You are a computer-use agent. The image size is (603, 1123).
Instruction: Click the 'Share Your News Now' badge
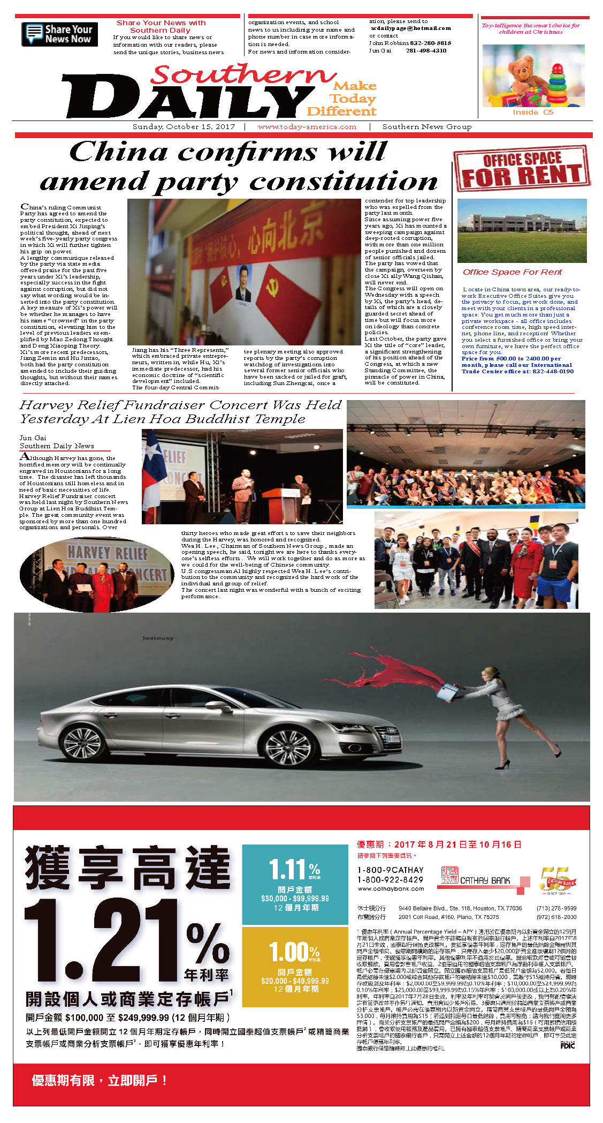tap(59, 34)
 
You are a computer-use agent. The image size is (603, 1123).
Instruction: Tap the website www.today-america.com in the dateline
tap(307, 127)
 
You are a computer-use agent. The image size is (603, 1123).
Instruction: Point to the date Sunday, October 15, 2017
tap(184, 127)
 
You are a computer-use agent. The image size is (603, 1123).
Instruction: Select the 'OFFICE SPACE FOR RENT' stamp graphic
tap(522, 168)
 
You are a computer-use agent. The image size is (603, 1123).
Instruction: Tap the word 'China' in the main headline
tap(118, 152)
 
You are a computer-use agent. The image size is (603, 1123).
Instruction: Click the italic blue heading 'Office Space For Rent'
tap(512, 272)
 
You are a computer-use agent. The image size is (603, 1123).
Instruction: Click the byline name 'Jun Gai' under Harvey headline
tap(33, 438)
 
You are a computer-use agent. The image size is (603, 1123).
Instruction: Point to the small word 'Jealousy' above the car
tap(158, 638)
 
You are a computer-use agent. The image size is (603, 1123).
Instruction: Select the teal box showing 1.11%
tap(295, 884)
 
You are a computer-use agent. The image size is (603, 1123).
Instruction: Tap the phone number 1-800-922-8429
tap(390, 879)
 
